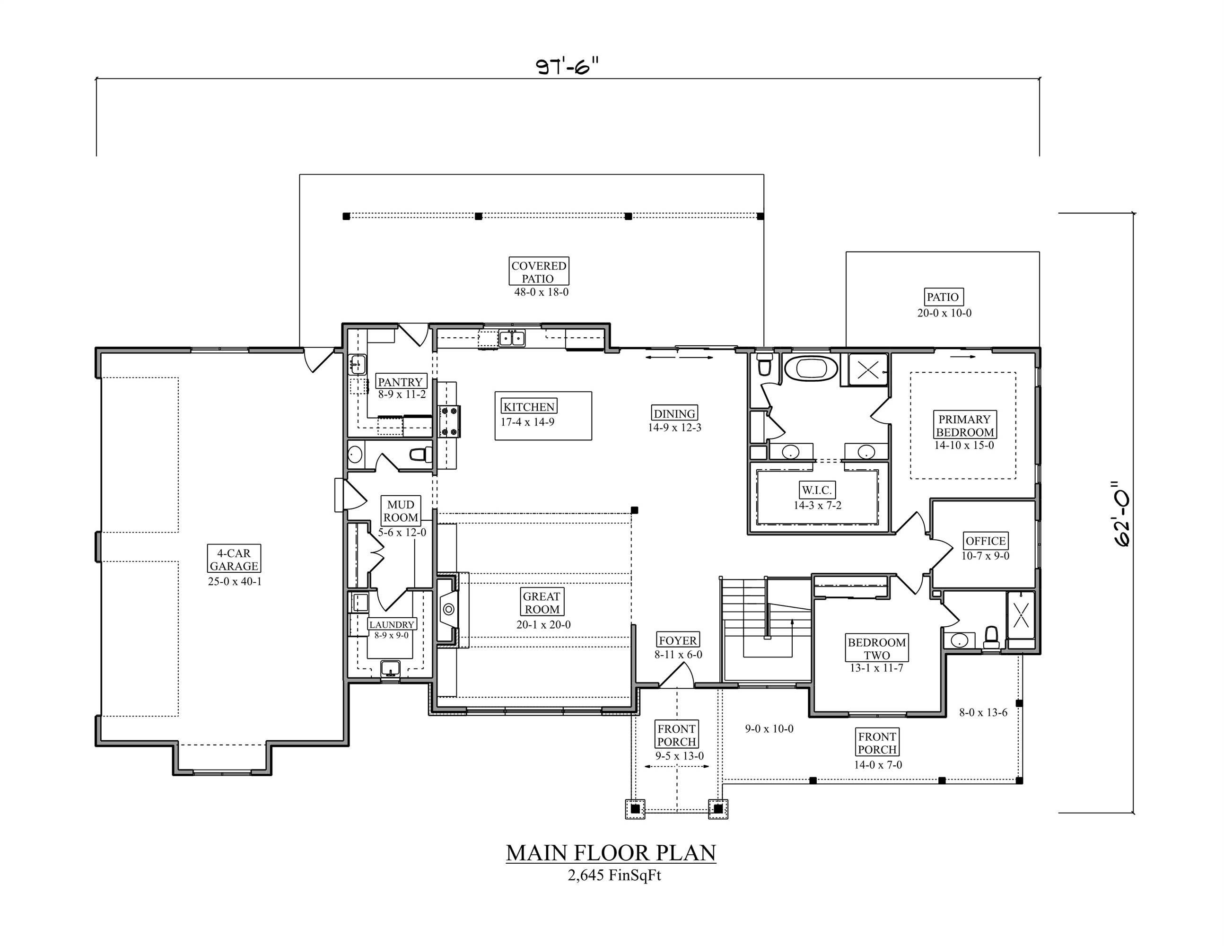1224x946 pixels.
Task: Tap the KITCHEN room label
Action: (528, 407)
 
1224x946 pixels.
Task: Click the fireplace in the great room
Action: (448, 609)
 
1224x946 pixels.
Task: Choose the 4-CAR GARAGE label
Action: (234, 559)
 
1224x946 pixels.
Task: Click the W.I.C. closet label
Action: (817, 490)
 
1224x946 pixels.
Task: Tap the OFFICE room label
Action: (985, 541)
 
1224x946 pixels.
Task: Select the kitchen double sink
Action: (512, 338)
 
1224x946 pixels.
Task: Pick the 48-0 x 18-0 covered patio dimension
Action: (542, 292)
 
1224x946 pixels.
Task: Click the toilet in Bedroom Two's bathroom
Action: (991, 637)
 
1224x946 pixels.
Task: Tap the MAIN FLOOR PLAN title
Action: (611, 853)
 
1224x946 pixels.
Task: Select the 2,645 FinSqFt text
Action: (614, 876)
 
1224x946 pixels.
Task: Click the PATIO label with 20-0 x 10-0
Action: (943, 297)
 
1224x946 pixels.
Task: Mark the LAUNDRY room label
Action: (391, 624)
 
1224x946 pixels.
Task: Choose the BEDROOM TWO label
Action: (876, 648)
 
